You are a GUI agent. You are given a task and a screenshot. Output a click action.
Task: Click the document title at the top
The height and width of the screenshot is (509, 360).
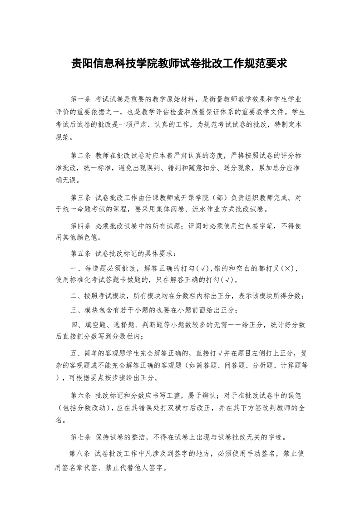pyautogui.click(x=180, y=63)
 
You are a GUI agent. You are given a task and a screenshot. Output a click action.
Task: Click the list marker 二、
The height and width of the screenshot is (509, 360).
pyautogui.click(x=76, y=296)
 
